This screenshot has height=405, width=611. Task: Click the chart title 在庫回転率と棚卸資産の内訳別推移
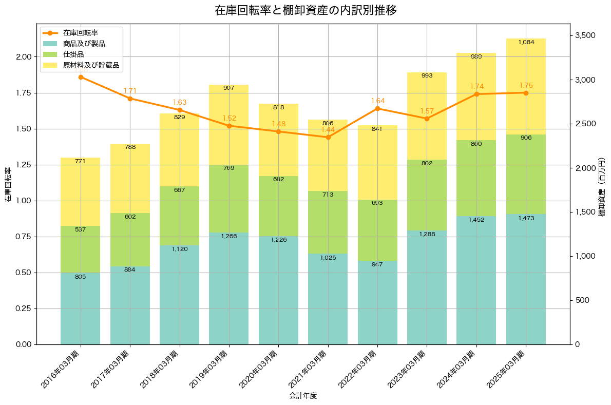[305, 10]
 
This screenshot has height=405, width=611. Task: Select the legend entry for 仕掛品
[73, 54]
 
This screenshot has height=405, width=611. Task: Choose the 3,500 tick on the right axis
[584, 35]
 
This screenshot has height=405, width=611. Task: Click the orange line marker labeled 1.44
[328, 137]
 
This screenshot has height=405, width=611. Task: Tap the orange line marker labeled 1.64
[377, 108]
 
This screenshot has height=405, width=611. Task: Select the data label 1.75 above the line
[526, 86]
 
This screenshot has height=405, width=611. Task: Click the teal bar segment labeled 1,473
[526, 279]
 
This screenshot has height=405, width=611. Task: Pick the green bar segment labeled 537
[80, 249]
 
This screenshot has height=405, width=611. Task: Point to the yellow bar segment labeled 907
[229, 125]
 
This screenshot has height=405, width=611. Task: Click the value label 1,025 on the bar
[328, 258]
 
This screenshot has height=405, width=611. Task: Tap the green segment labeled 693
[377, 230]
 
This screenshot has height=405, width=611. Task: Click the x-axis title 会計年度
[303, 396]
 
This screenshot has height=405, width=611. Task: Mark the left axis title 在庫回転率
[8, 184]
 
